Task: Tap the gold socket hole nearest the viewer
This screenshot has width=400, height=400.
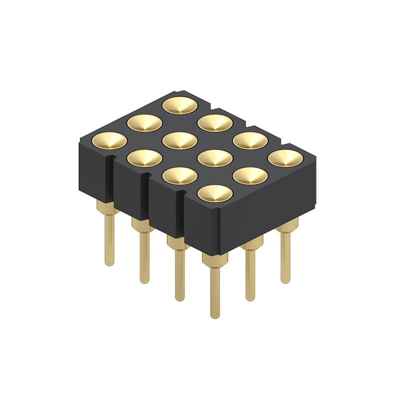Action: coord(215,193)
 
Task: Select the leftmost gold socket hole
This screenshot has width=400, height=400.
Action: coord(109,140)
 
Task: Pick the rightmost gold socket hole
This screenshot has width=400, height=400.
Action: coord(285,158)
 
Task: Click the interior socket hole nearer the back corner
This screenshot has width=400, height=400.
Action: coord(180,140)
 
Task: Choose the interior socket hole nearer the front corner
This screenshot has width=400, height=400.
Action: coord(215,158)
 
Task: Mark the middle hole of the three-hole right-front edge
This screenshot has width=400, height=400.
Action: coord(250,175)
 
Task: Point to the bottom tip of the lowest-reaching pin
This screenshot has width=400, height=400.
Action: coord(215,316)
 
